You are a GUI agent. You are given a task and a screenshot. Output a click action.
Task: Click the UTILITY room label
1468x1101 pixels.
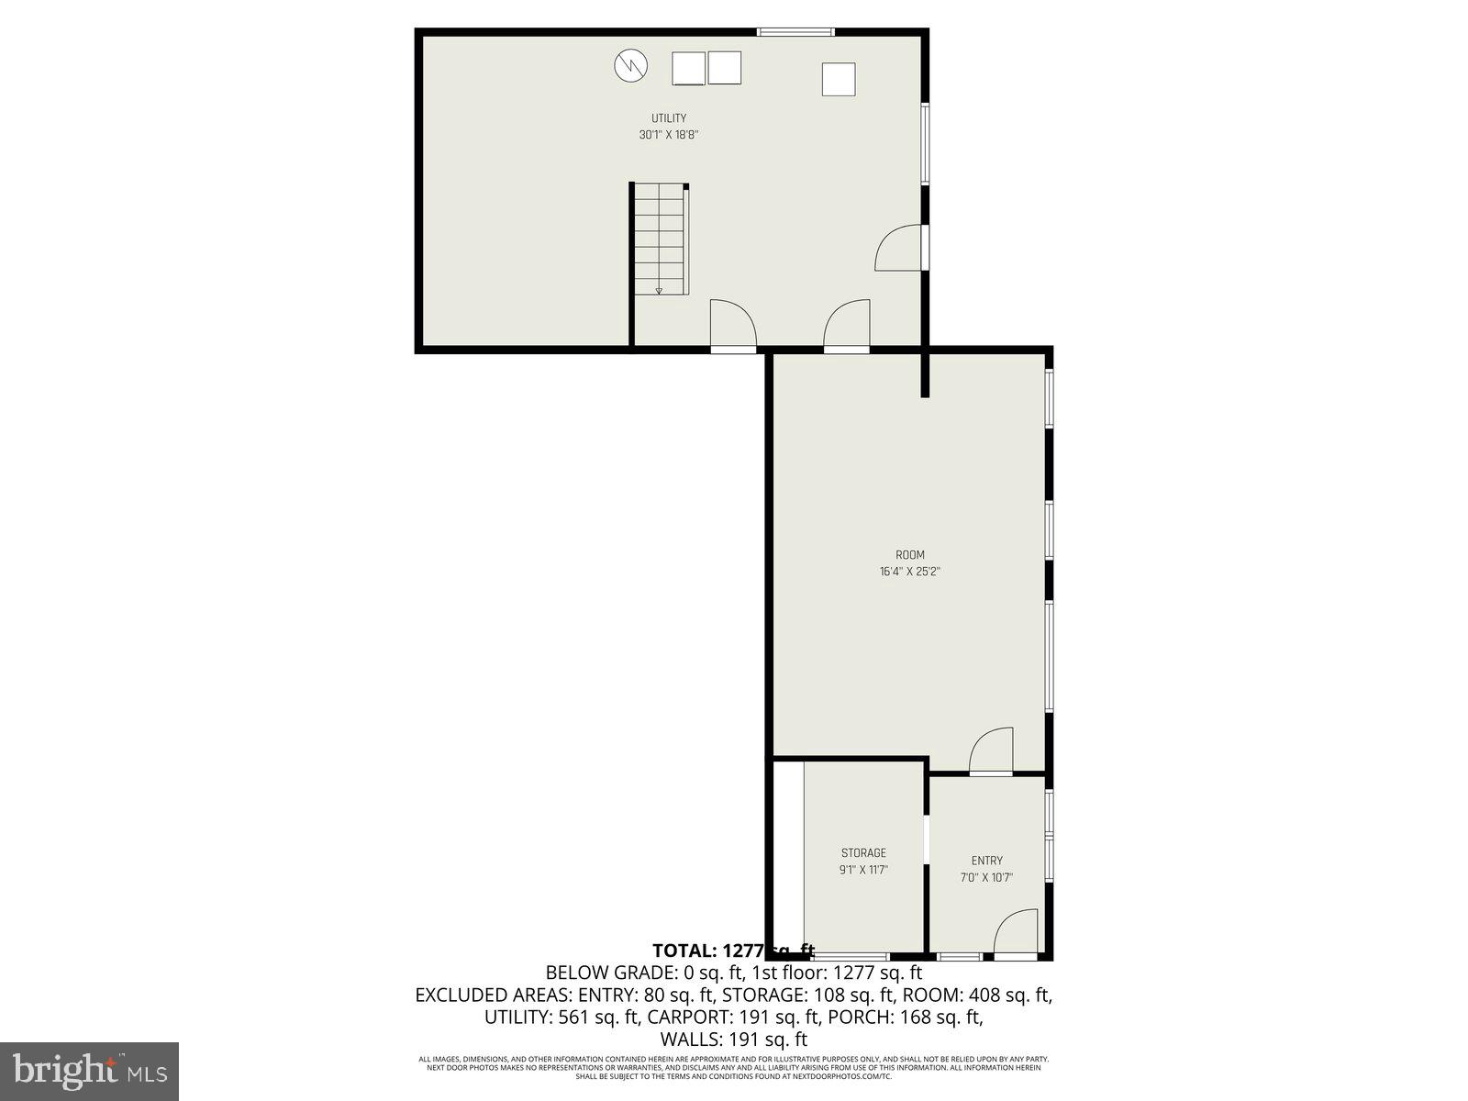[669, 118]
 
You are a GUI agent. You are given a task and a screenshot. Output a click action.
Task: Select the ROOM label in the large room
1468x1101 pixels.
[910, 555]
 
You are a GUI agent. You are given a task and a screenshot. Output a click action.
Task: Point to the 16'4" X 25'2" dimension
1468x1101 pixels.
[910, 572]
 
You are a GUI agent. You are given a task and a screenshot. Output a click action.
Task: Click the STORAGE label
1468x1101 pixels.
[863, 853]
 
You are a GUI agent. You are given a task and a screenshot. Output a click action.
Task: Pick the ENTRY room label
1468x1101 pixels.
[987, 861]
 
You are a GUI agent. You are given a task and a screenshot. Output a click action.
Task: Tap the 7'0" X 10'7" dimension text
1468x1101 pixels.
[987, 877]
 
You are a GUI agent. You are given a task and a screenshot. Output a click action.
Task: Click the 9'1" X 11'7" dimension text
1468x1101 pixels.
[863, 870]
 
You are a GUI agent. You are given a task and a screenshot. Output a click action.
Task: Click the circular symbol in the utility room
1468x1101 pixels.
[630, 65]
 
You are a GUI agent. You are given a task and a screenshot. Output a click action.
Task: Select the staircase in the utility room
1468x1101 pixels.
[661, 239]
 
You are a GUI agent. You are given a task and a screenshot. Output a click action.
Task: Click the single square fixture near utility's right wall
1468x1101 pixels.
[839, 79]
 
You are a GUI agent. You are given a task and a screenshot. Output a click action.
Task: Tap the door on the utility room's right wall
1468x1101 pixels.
[901, 248]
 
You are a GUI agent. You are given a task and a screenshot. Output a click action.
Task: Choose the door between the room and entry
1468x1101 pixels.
[992, 751]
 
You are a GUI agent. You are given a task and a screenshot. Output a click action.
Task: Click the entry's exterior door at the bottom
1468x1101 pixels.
[1016, 933]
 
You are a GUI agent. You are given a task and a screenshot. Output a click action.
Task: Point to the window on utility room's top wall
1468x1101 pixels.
[795, 33]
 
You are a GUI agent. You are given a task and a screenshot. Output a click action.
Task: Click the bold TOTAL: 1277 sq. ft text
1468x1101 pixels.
[733, 951]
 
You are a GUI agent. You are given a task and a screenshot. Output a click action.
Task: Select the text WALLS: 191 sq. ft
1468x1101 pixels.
[733, 1040]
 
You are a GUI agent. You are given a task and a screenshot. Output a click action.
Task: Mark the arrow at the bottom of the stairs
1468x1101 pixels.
[659, 291]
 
